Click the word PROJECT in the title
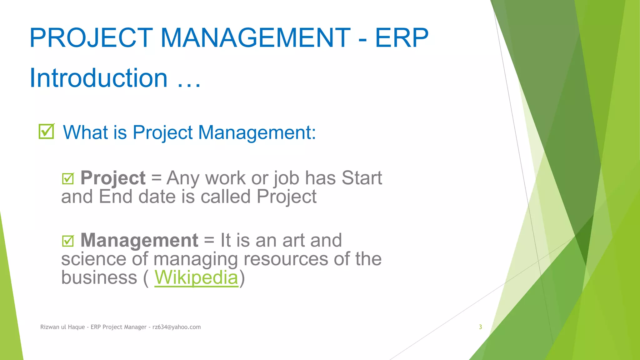coord(91,38)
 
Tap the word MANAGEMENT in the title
coord(255,38)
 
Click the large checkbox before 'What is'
coord(46,131)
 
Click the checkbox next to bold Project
coord(68,178)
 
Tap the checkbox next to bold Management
coord(68,241)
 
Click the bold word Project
coord(113,178)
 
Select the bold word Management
coord(139,240)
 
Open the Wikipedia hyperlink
coord(196,277)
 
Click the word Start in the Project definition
coord(362,178)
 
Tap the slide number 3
coord(480,327)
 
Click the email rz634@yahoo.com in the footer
coord(177,327)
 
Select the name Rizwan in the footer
coord(49,327)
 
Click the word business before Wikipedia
coord(99,277)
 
